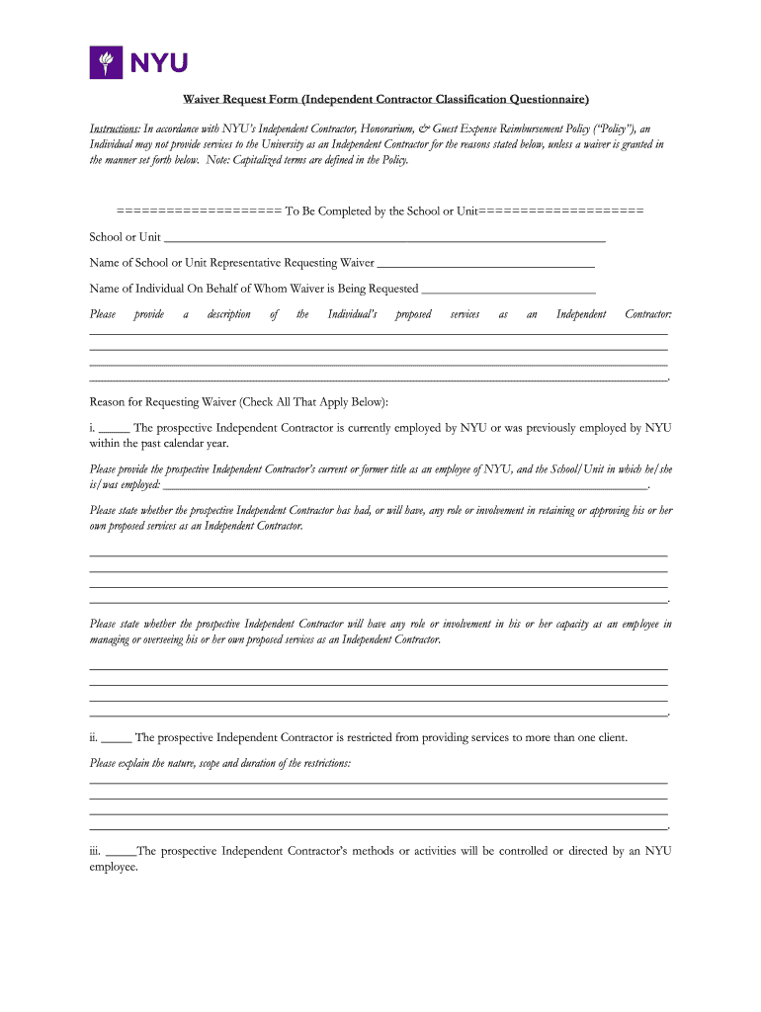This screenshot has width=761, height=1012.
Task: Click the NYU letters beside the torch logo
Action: pos(157,64)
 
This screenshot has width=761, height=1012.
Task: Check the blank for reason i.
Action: pos(114,429)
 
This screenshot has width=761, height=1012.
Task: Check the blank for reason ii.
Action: pos(117,738)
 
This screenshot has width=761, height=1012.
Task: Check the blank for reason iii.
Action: pos(121,852)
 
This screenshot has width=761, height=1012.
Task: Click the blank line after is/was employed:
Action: pos(404,485)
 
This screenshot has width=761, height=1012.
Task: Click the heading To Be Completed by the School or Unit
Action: pos(380,211)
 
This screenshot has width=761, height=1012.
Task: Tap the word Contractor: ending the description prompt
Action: pos(647,314)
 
